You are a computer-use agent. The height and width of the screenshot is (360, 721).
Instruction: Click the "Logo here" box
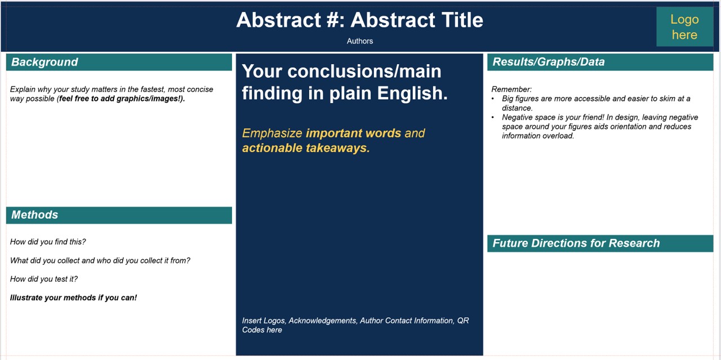click(684, 26)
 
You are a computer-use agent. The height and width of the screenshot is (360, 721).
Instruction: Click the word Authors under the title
click(360, 41)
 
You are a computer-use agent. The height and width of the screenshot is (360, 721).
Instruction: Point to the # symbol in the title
click(332, 20)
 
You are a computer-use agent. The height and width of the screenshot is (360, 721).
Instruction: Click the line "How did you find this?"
click(48, 242)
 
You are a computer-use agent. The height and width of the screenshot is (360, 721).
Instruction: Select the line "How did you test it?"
click(44, 279)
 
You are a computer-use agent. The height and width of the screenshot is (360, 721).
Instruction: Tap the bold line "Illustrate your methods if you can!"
click(73, 298)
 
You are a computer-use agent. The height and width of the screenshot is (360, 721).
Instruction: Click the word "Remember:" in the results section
click(511, 89)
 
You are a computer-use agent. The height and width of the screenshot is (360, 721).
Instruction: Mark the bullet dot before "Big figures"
click(493, 99)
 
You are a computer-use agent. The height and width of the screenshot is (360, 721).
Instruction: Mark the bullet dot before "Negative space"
click(493, 118)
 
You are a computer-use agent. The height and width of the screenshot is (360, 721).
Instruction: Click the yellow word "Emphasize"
click(272, 134)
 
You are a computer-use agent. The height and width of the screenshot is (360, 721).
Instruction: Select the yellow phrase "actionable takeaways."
click(306, 148)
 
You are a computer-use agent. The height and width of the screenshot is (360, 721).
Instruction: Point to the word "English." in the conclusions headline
click(412, 94)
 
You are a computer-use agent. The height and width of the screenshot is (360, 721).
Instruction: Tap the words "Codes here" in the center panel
click(262, 330)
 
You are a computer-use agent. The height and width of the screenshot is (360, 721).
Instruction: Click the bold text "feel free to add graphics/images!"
click(121, 99)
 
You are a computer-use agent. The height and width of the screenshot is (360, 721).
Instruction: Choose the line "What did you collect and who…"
click(100, 260)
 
